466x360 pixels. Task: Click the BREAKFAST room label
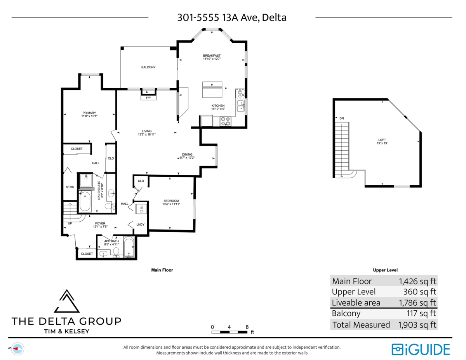pyautogui.click(x=212, y=56)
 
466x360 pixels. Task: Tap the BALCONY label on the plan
pyautogui.click(x=148, y=67)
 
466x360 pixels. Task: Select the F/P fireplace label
pyautogui.click(x=148, y=98)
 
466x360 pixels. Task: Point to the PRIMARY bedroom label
pyautogui.click(x=89, y=113)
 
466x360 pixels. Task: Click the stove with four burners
pyautogui.click(x=226, y=122)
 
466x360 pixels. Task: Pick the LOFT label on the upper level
pyautogui.click(x=383, y=140)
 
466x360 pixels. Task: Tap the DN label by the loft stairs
pyautogui.click(x=341, y=118)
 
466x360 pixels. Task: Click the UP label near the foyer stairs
pyautogui.click(x=70, y=224)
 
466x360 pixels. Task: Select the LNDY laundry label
pyautogui.click(x=141, y=224)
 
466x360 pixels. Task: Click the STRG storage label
pyautogui.click(x=70, y=187)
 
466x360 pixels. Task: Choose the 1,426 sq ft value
pyautogui.click(x=417, y=281)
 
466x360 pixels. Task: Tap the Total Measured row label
pyautogui.click(x=361, y=325)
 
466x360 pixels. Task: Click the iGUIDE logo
pyautogui.click(x=421, y=349)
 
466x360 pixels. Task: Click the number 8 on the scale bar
pyautogui.click(x=247, y=327)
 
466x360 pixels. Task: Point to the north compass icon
pyautogui.click(x=17, y=348)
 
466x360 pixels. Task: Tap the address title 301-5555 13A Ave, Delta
pyautogui.click(x=231, y=17)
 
